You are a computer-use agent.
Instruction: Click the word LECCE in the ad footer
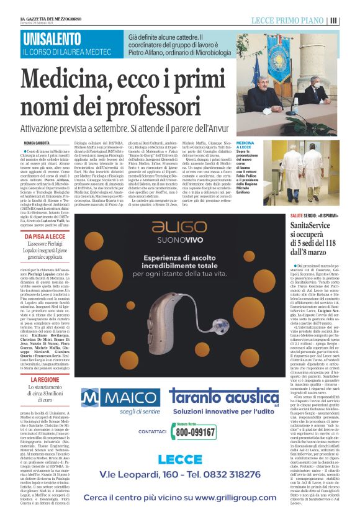click(179, 459)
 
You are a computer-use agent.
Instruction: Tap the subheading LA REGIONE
click(45, 379)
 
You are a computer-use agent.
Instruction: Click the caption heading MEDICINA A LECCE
click(244, 146)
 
